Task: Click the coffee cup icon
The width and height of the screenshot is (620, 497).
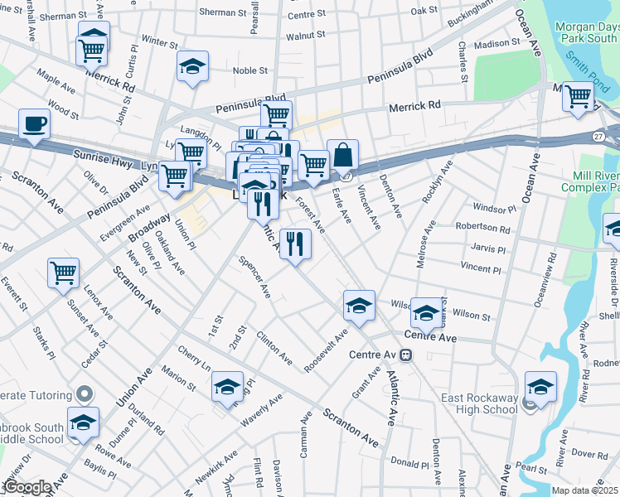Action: point(34,125)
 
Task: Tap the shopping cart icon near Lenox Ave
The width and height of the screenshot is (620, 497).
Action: point(64,273)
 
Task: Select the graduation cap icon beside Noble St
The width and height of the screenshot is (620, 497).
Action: point(192,67)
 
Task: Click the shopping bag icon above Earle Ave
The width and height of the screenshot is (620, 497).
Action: point(341,154)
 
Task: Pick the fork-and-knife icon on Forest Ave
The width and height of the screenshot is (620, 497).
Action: point(294,244)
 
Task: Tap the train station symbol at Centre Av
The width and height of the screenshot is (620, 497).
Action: point(405,355)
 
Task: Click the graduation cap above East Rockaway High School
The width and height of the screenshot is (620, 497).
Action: point(540,387)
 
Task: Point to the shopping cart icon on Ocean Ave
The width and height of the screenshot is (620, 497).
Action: point(578,96)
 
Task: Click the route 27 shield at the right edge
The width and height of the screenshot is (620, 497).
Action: point(599,135)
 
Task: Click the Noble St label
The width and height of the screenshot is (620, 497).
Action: point(249,70)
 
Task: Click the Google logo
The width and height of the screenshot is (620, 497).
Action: point(27,487)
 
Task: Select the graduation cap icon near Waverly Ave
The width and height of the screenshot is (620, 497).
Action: point(227,387)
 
